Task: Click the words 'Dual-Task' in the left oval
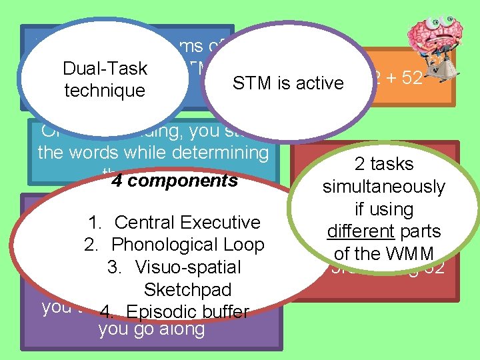pyautogui.click(x=105, y=68)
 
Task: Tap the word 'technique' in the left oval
pyautogui.click(x=105, y=90)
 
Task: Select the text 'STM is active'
pyautogui.click(x=287, y=83)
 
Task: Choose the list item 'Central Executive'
pyautogui.click(x=187, y=222)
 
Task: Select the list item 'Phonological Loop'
pyautogui.click(x=187, y=245)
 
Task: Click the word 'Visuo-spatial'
pyautogui.click(x=187, y=267)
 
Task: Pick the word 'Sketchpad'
pyautogui.click(x=187, y=290)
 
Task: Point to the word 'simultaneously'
pyautogui.click(x=383, y=187)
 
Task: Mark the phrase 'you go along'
pyautogui.click(x=151, y=329)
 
